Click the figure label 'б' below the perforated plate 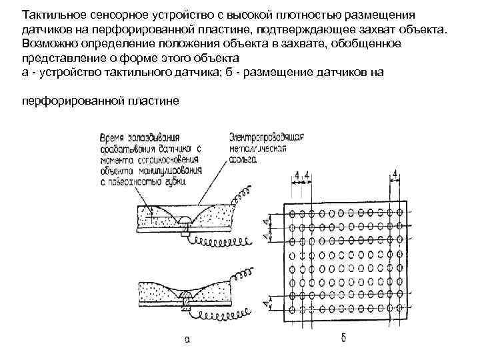[x=343, y=337]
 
